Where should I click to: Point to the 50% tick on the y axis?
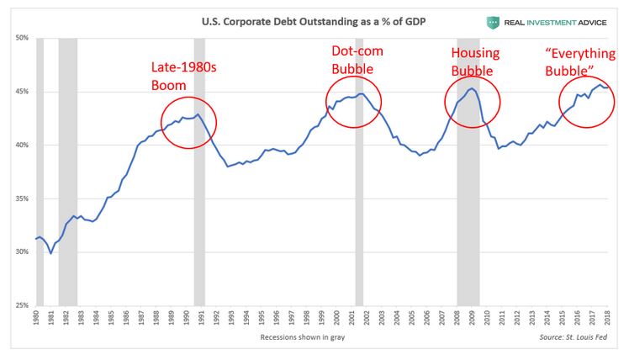point(22,38)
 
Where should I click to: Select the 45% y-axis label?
point(22,92)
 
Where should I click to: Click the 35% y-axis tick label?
point(22,199)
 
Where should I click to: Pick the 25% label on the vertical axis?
point(22,305)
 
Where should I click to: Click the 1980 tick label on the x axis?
point(37,320)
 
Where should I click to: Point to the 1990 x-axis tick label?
point(188,320)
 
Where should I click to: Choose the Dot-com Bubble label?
point(357,59)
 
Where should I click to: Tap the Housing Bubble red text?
point(475,61)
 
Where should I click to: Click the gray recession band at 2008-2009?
point(468,210)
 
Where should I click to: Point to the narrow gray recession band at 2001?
point(359,210)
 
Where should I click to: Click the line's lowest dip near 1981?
point(50,253)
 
